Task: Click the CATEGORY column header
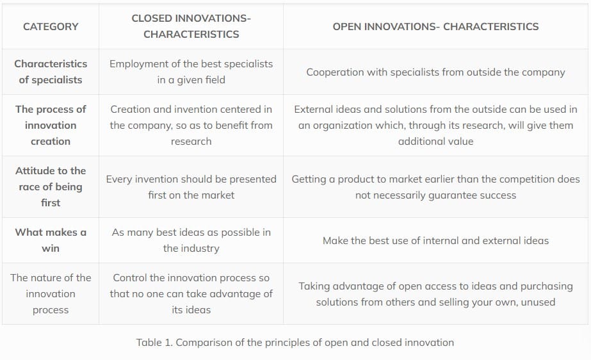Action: (x=51, y=26)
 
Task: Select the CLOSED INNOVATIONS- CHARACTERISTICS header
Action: (x=191, y=26)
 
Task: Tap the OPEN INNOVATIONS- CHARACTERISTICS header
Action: (x=435, y=26)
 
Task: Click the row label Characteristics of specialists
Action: (x=51, y=72)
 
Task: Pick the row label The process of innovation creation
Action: (x=51, y=125)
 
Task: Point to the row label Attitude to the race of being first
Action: (x=51, y=186)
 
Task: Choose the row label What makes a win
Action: (x=51, y=240)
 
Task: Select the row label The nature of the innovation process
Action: (x=51, y=293)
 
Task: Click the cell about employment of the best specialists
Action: (x=191, y=72)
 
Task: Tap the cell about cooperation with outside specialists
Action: (x=435, y=72)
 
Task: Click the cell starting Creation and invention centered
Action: (x=191, y=125)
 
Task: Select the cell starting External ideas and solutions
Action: (x=435, y=125)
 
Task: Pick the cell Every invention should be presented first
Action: (x=191, y=186)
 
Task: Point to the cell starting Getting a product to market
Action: (x=435, y=186)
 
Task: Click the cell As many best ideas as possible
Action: (x=191, y=240)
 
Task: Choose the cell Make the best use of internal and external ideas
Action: (x=435, y=240)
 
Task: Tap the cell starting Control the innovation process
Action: (x=191, y=293)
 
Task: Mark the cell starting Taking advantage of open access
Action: (x=435, y=294)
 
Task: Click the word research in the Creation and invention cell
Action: (x=191, y=142)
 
